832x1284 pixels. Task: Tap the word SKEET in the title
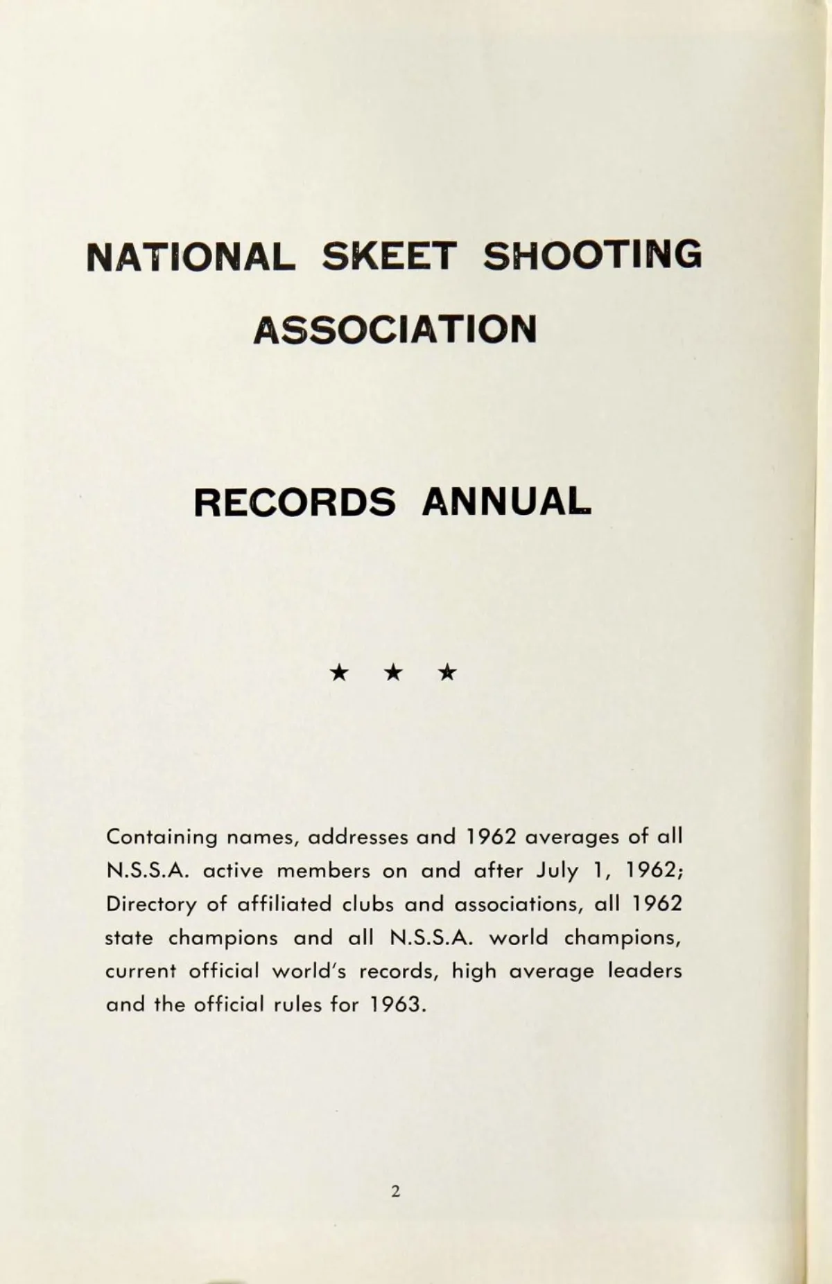(389, 256)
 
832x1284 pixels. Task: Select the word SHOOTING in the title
(591, 254)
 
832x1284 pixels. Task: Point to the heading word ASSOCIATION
(395, 329)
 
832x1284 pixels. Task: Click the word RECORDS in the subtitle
(295, 502)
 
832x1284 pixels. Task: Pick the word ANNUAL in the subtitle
(507, 502)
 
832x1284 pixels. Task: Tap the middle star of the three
(394, 671)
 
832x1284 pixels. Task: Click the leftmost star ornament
(339, 671)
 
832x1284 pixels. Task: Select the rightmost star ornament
(448, 671)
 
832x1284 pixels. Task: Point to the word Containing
(162, 837)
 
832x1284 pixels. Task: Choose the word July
(557, 870)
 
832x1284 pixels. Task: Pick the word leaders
(645, 971)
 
